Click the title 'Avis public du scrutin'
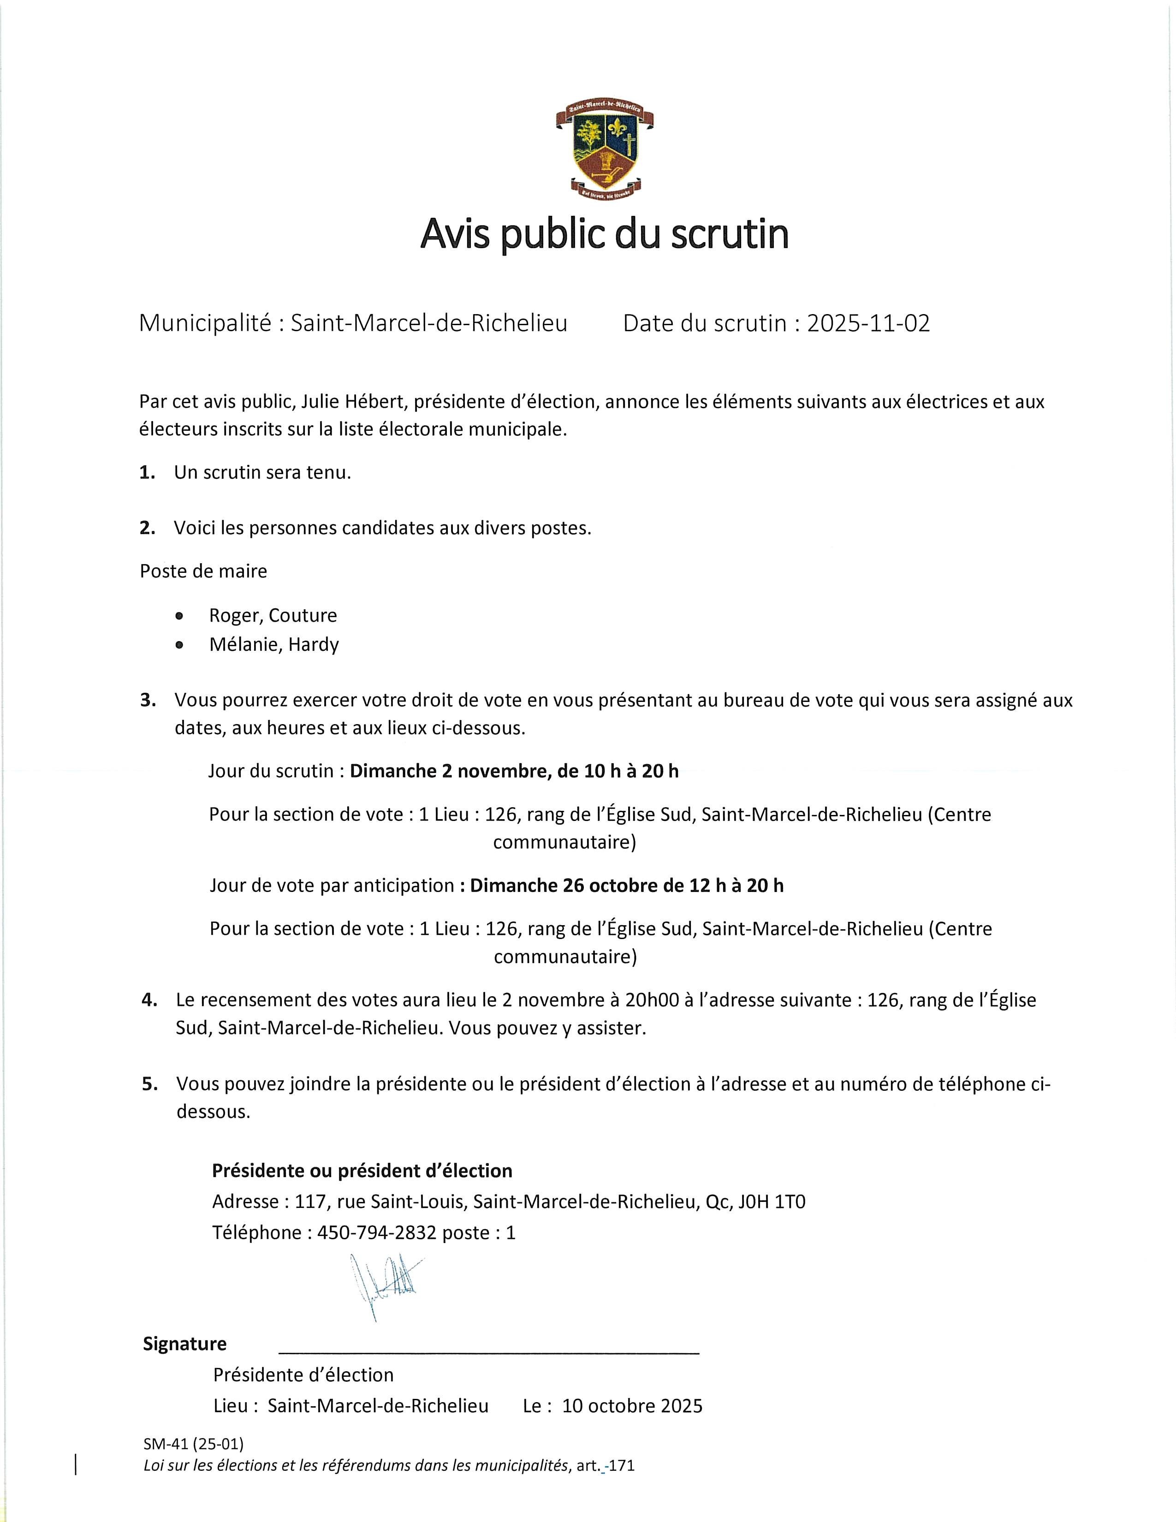click(x=604, y=235)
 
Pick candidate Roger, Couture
click(x=273, y=615)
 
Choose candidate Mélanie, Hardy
click(x=274, y=645)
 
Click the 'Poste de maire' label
click(x=203, y=571)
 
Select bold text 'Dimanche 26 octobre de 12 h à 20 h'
click(x=626, y=886)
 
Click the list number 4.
click(x=148, y=1000)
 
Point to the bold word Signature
click(x=184, y=1344)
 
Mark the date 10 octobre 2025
click(x=632, y=1406)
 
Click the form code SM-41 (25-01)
click(x=194, y=1443)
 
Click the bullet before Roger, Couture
click(x=180, y=616)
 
